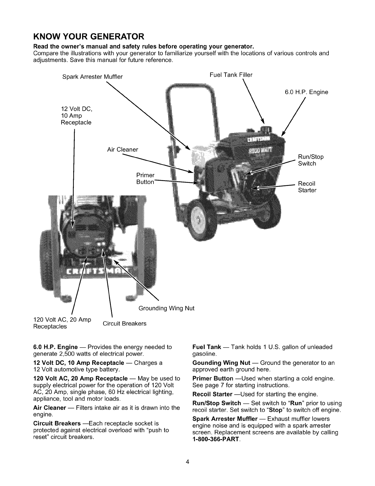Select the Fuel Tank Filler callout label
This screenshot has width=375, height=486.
[231, 75]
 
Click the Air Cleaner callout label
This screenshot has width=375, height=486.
[123, 150]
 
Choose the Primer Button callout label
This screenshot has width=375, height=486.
[145, 179]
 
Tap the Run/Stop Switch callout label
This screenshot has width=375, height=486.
[311, 160]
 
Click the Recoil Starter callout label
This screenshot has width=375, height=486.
[307, 187]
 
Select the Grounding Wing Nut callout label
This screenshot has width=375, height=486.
[166, 308]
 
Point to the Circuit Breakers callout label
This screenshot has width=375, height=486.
[124, 323]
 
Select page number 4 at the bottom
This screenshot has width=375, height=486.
[187, 462]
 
